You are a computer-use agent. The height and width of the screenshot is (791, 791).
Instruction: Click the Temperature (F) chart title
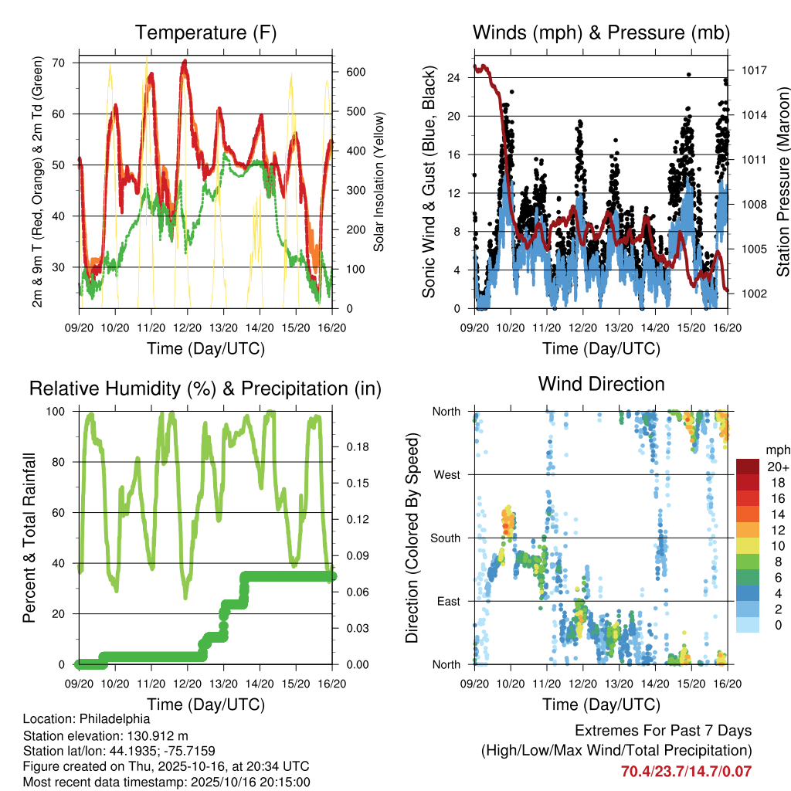205,32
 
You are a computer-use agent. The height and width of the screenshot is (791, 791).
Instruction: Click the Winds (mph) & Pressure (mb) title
601,32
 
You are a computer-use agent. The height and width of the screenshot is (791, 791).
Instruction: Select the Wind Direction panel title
601,384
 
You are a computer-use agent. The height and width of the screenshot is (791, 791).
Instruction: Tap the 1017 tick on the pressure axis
752,70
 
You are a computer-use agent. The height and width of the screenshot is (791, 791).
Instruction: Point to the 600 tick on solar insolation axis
349,72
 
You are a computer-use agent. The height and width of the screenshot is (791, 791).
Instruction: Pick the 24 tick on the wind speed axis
453,77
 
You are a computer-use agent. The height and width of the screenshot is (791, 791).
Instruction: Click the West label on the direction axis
446,474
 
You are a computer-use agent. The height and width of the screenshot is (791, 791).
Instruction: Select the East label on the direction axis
447,601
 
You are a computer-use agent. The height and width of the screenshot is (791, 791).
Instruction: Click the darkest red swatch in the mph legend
748,467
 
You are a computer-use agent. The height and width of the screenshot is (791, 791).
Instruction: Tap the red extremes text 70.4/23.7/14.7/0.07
686,771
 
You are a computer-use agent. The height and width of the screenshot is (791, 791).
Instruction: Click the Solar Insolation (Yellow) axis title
379,183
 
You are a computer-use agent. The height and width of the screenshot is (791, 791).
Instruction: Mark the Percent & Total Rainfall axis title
29,538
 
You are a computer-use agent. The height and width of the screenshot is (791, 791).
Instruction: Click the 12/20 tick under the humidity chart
188,684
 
